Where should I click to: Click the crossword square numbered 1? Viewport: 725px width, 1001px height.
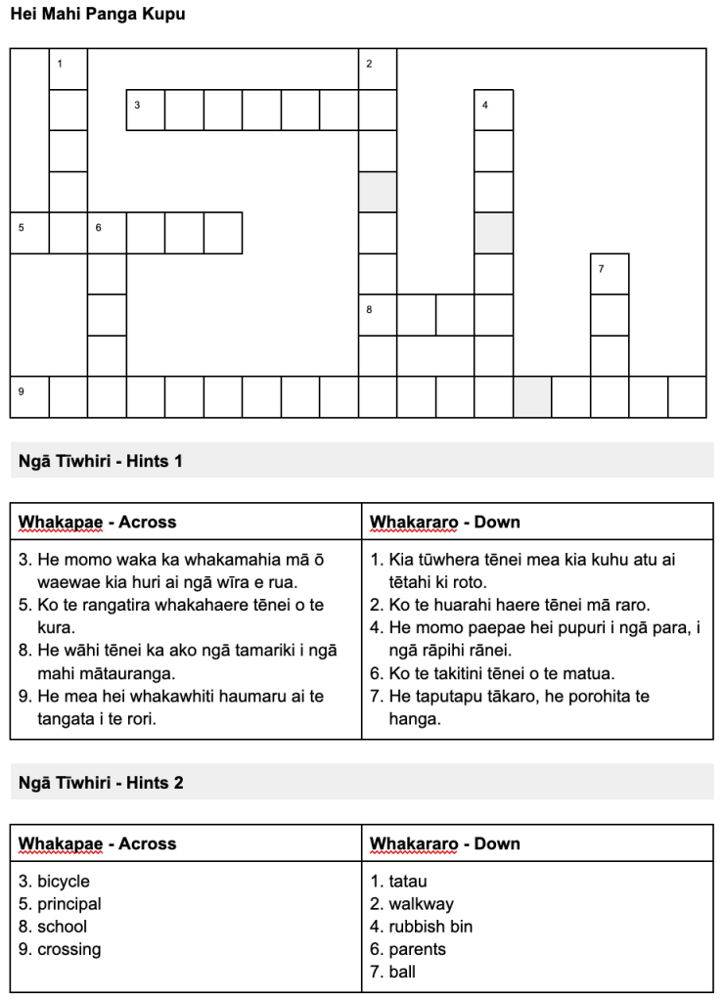pyautogui.click(x=68, y=69)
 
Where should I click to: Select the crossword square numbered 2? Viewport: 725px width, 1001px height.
pyautogui.click(x=378, y=69)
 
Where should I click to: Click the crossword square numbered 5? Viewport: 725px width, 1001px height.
pyautogui.click(x=30, y=233)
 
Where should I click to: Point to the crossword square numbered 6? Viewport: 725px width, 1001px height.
pyautogui.click(x=108, y=233)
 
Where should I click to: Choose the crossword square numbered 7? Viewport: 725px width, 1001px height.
pyautogui.click(x=610, y=274)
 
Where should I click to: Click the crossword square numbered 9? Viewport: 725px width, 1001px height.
pyautogui.click(x=30, y=397)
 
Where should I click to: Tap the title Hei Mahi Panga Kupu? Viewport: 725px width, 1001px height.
pyautogui.click(x=97, y=15)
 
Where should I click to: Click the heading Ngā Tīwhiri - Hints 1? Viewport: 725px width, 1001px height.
pyautogui.click(x=101, y=461)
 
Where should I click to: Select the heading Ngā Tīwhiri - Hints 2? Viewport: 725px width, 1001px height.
pyautogui.click(x=101, y=783)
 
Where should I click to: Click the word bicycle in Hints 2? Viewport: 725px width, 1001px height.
pyautogui.click(x=64, y=882)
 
